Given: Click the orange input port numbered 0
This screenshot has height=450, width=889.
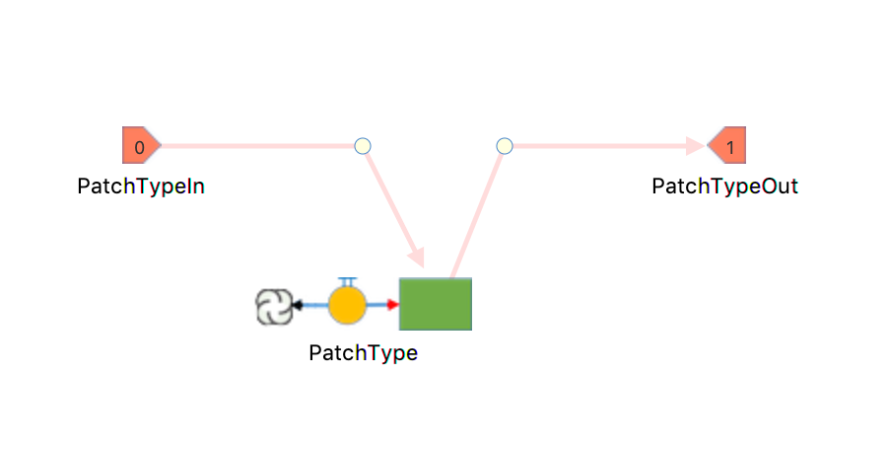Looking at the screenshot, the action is [x=141, y=145].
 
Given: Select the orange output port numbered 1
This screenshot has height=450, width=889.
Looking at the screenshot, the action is [x=727, y=145].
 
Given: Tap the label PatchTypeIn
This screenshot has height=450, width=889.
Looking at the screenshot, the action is [x=141, y=187].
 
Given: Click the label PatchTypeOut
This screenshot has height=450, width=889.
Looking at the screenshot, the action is [x=725, y=187].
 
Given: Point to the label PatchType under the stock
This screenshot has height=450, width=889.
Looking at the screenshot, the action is [x=364, y=353].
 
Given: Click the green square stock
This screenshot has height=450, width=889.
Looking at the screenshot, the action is [x=436, y=304].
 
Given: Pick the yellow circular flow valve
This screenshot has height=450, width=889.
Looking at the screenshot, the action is [x=347, y=305].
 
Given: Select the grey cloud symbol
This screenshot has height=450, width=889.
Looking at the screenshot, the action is [x=274, y=307].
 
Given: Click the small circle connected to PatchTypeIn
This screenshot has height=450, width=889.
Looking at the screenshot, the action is [x=363, y=146].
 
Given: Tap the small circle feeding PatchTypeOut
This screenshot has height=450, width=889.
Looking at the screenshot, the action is [x=505, y=146].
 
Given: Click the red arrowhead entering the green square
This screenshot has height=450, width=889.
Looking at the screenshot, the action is [x=393, y=305].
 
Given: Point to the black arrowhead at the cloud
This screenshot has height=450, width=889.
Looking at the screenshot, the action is [x=297, y=305].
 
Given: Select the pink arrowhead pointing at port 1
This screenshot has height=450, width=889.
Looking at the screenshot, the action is [x=696, y=146].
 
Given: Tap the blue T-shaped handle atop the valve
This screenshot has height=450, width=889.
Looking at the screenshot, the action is [x=347, y=282].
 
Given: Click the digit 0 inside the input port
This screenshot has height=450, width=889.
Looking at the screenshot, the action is [x=140, y=148].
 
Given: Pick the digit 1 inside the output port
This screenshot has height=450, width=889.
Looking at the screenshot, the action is [x=731, y=148].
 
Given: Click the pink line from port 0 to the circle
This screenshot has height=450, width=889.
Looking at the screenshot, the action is [x=258, y=146].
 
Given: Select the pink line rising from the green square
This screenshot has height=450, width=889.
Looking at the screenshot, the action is [x=477, y=216].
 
